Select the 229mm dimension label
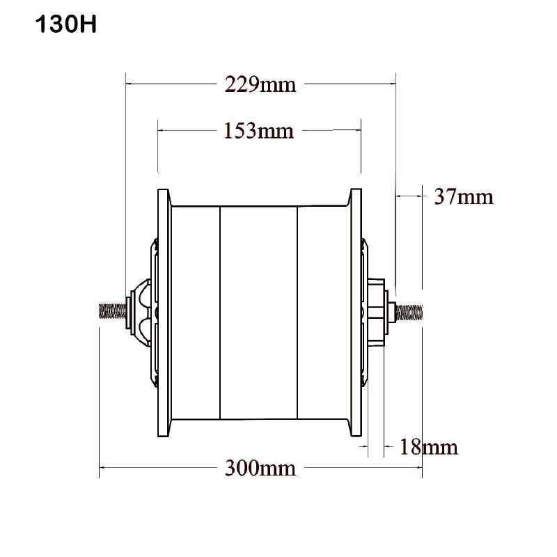pos(260,85)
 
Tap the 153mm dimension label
pos(259,130)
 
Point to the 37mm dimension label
pos(464,197)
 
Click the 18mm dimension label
pos(427,446)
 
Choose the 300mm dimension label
pos(260,468)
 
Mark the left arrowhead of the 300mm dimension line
pos(103,468)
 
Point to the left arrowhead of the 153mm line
pos(162,130)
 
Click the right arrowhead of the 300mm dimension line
pos(418,468)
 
